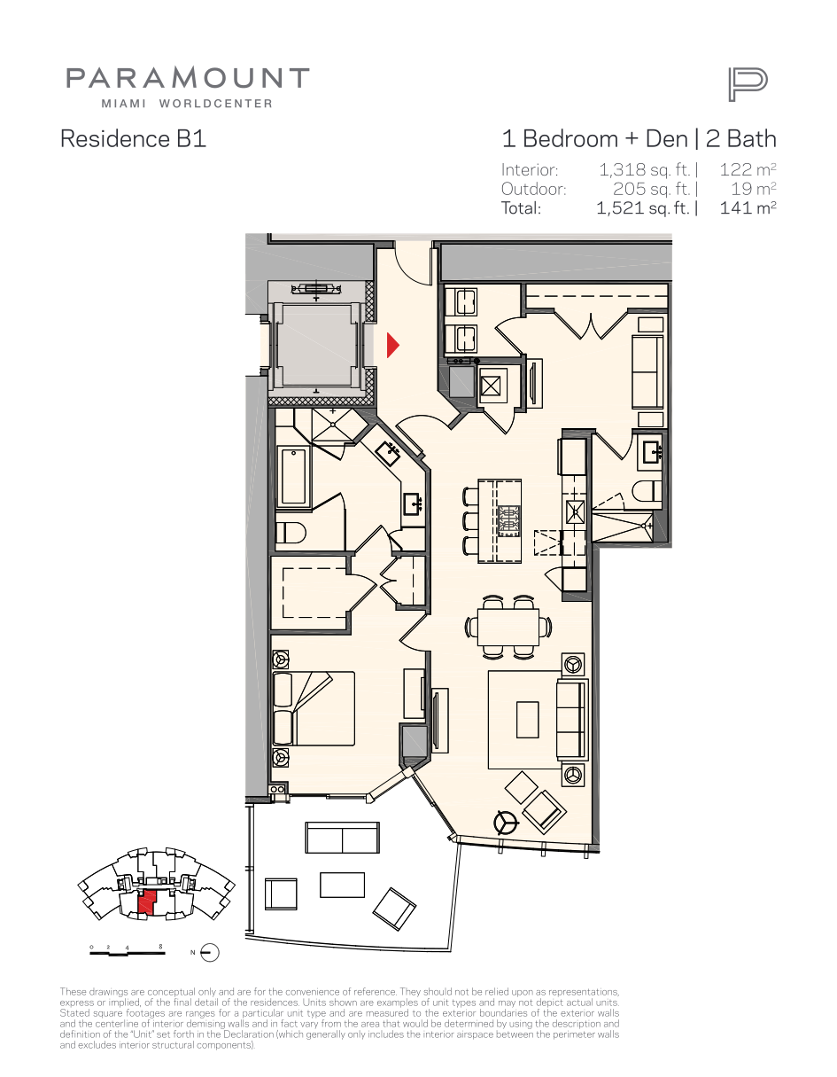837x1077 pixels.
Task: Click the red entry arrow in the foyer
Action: click(x=392, y=345)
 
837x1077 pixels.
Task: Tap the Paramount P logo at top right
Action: click(x=748, y=85)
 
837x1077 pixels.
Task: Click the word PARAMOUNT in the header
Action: click(x=188, y=78)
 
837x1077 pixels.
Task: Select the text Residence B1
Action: click(x=133, y=138)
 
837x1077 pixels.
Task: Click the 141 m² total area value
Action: click(x=748, y=207)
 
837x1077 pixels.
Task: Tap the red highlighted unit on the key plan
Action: click(x=147, y=902)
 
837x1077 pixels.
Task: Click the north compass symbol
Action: click(x=210, y=953)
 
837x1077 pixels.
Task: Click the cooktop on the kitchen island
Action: click(x=509, y=520)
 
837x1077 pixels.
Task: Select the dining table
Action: click(x=508, y=627)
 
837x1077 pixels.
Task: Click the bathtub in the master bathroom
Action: click(x=293, y=476)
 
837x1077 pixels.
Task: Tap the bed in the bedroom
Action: click(x=314, y=708)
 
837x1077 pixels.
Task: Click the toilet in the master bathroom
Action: click(x=291, y=533)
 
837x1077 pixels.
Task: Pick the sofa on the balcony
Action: click(x=342, y=838)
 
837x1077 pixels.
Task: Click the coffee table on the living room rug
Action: click(x=528, y=720)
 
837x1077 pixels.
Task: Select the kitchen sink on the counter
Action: click(x=575, y=512)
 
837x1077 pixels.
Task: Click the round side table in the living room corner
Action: click(x=506, y=823)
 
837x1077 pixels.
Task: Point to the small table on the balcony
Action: click(x=342, y=885)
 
